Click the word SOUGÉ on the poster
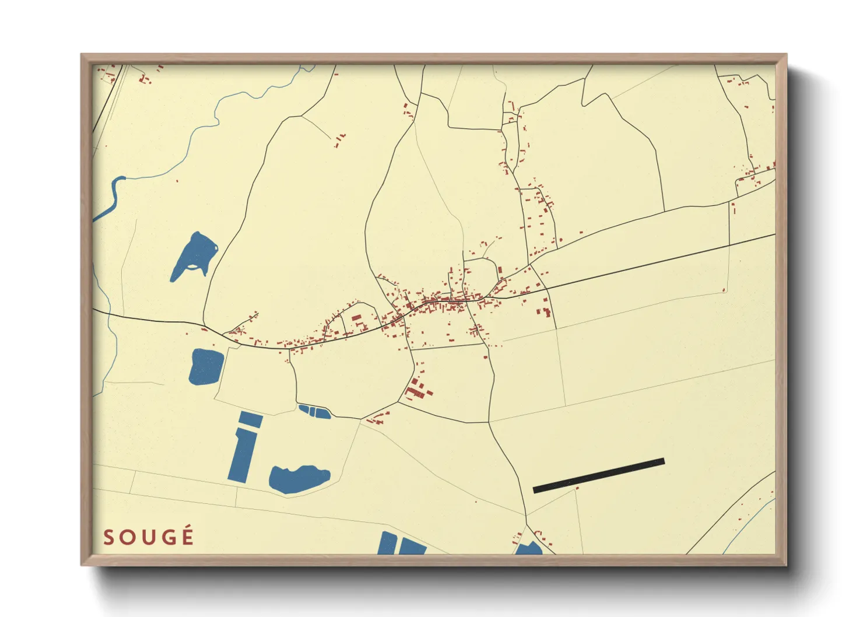(x=148, y=537)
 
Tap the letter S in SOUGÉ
(x=108, y=538)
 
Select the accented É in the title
(x=187, y=536)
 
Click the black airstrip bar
(x=598, y=475)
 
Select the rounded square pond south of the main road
(x=206, y=366)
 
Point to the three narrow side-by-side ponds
(x=314, y=411)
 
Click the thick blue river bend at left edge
(x=111, y=198)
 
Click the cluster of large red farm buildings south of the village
(x=418, y=389)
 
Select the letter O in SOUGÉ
(x=128, y=538)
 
